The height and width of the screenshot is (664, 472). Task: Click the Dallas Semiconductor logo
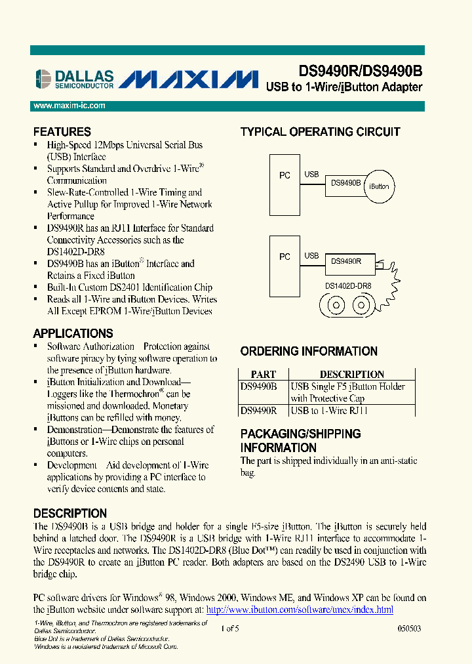pos(73,79)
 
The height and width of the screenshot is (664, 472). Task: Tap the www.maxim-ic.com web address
pos(69,106)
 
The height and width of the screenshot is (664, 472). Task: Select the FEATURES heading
pos(62,132)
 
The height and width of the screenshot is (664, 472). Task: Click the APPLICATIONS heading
pos(73,333)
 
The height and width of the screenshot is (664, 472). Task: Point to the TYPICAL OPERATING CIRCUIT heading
pos(320,132)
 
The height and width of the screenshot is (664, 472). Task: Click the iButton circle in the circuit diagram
pos(379,186)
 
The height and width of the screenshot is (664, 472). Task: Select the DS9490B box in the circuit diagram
pos(346,184)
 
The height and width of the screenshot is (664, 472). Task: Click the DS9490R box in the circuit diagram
pos(345,261)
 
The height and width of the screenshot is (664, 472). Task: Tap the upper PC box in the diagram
pos(285,176)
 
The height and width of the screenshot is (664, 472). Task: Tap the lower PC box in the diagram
pos(285,257)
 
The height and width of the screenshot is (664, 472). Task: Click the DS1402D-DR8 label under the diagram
pos(348,286)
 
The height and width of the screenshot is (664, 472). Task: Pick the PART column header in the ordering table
pos(264,374)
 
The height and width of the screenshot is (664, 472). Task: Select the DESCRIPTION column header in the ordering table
pos(351,374)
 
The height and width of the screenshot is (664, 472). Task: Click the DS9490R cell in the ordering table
pos(259,411)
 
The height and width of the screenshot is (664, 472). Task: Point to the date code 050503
pos(409,628)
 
